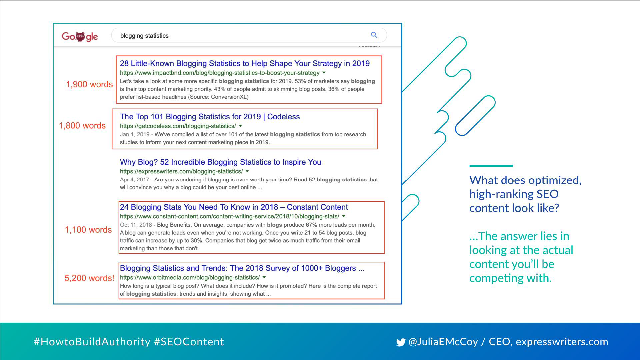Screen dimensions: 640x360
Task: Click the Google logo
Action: (x=80, y=36)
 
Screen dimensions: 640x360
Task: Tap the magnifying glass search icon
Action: (x=374, y=35)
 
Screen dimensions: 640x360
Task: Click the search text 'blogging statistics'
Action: (x=144, y=36)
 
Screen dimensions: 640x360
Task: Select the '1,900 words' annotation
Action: (x=89, y=84)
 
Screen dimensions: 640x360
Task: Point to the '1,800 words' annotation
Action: (x=82, y=126)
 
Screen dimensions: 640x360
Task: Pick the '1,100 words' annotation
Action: (x=88, y=230)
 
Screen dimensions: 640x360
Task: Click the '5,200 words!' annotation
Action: (x=89, y=278)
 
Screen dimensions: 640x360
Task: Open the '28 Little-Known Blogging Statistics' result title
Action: (x=245, y=63)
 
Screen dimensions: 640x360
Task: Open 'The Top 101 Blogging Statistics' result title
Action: (x=210, y=117)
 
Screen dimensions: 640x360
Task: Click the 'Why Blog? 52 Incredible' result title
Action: (x=220, y=162)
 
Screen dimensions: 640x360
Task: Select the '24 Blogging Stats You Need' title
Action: (x=234, y=207)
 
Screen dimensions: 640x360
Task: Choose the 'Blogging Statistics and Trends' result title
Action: (x=242, y=268)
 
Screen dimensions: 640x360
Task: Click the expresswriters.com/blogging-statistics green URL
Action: (x=181, y=171)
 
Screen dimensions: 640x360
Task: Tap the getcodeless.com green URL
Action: (x=178, y=126)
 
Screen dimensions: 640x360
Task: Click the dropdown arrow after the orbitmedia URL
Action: (x=264, y=277)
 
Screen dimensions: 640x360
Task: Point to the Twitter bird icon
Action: (x=401, y=342)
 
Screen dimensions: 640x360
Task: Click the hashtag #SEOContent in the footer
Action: (x=189, y=342)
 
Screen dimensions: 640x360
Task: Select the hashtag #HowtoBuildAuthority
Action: (x=92, y=342)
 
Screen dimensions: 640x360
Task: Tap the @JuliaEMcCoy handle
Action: (x=443, y=342)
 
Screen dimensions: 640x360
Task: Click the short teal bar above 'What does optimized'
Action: (x=491, y=166)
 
